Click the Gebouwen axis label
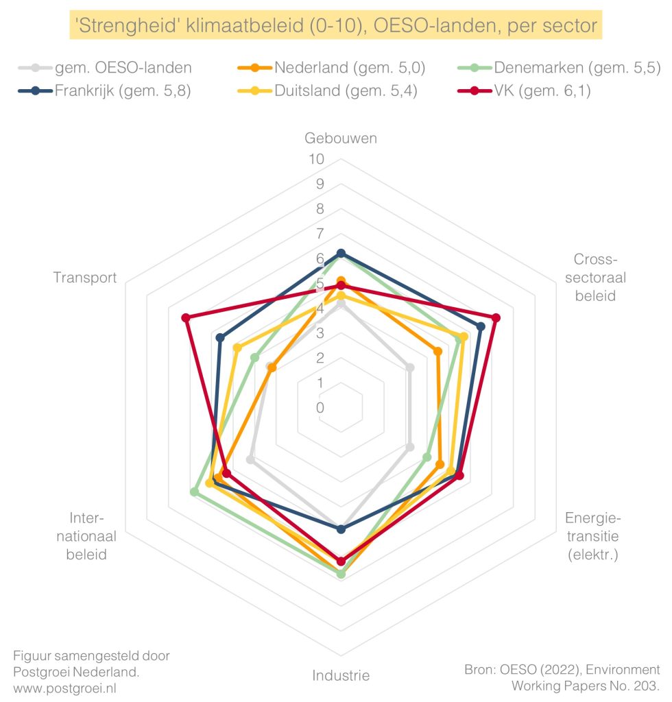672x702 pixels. click(x=341, y=138)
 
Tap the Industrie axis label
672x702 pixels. click(x=341, y=675)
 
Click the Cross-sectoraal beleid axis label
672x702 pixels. click(x=595, y=278)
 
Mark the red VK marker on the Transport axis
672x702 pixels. click(x=186, y=317)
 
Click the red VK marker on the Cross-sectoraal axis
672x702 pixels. click(x=496, y=317)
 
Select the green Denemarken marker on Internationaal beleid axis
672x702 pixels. click(x=194, y=492)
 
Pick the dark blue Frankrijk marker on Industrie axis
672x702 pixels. click(x=341, y=529)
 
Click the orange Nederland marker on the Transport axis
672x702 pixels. click(x=272, y=368)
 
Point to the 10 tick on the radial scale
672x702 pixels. click(x=316, y=159)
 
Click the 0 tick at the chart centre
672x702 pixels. click(x=321, y=408)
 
